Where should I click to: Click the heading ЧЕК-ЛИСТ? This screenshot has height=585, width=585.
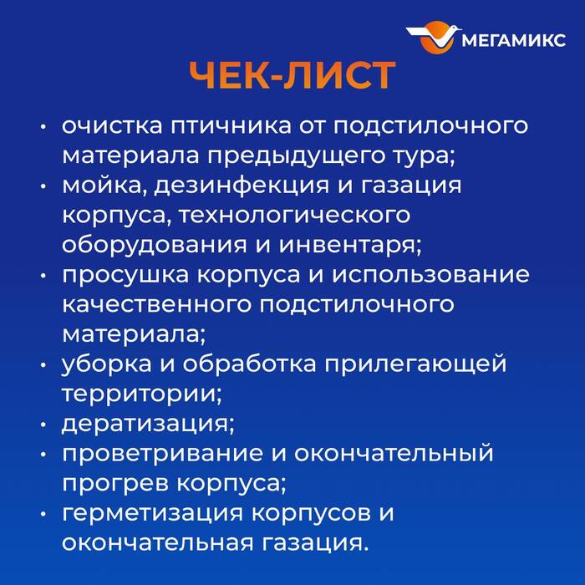click(x=292, y=76)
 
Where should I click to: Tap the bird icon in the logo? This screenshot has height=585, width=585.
click(x=434, y=38)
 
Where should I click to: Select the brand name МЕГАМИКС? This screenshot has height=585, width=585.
click(x=514, y=39)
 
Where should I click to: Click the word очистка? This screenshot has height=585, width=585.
click(x=111, y=126)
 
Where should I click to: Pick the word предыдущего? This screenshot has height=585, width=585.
click(x=313, y=155)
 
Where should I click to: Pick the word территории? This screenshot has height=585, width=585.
click(x=139, y=393)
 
